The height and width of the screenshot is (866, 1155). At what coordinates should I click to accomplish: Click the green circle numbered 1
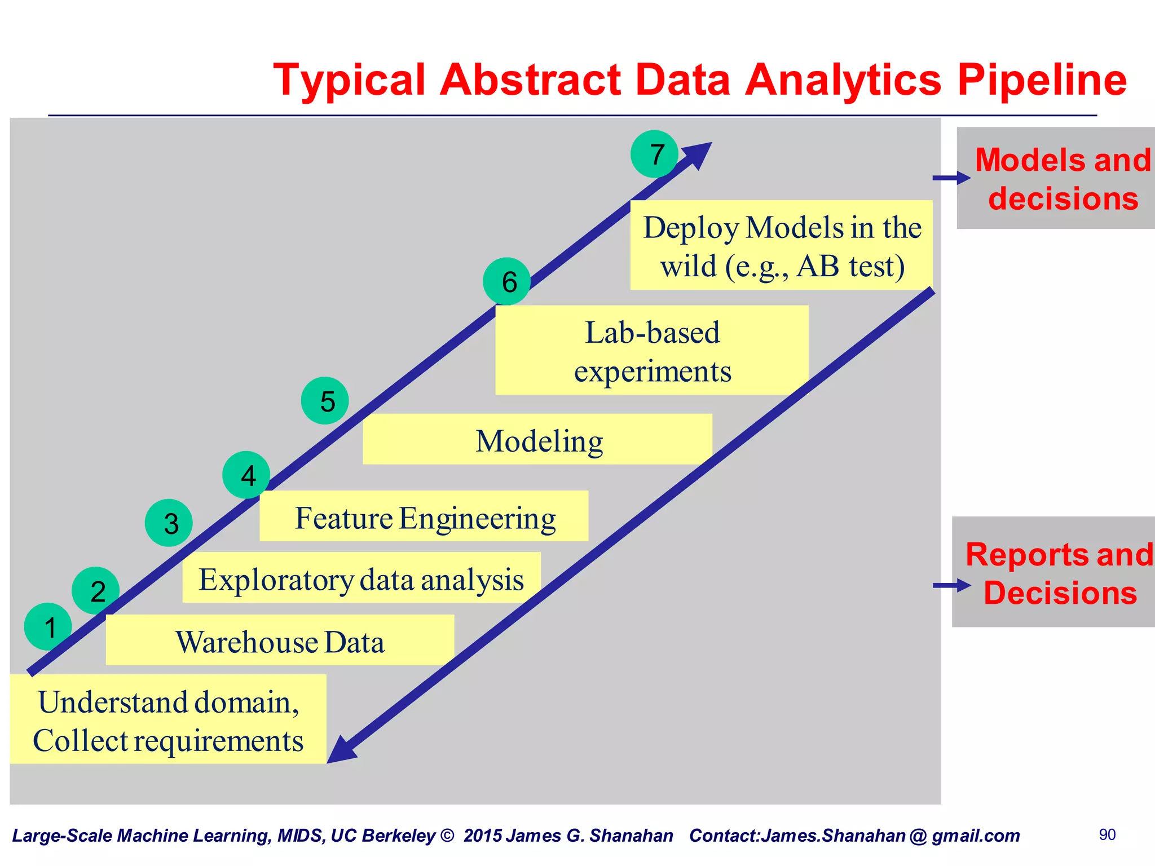coord(48,626)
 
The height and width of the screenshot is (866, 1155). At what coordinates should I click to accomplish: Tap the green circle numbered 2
coord(96,590)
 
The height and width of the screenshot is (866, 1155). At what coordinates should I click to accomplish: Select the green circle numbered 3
coord(169,523)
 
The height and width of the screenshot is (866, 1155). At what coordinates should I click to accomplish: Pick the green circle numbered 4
coord(246,475)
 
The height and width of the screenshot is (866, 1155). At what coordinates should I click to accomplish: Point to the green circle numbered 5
coord(325,401)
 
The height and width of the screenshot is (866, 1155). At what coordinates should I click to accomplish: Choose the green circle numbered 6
coord(507,281)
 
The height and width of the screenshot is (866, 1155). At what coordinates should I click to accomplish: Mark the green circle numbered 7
coord(654,154)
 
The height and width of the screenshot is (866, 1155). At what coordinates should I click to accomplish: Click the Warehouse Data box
coord(280,640)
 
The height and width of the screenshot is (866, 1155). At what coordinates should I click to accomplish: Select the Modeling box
coord(537,440)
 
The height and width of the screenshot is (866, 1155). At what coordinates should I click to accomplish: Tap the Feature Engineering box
coord(424,516)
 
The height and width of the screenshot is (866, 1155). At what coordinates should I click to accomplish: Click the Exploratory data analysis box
coord(361,578)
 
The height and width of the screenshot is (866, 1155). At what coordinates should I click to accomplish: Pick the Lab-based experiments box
coord(652,351)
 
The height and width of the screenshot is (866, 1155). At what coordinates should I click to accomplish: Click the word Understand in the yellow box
coord(112,702)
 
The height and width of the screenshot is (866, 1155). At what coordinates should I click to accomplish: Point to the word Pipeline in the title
coord(1041,80)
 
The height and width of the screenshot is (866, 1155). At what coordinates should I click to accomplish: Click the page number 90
coord(1107,834)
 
